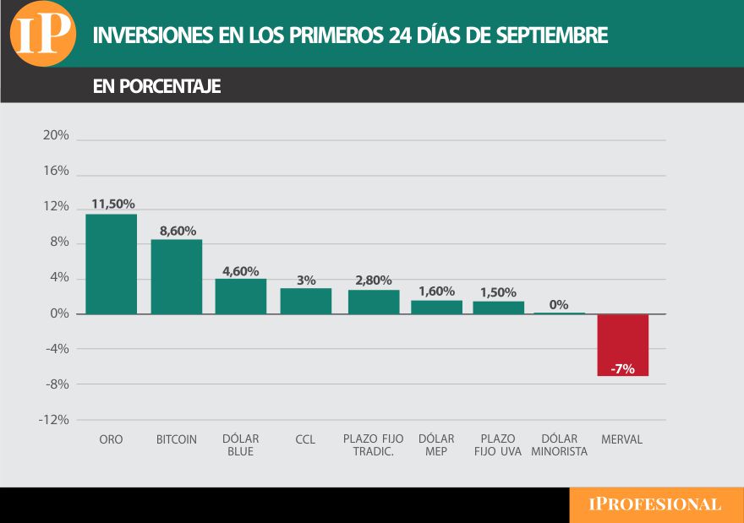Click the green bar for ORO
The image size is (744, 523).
pyautogui.click(x=111, y=264)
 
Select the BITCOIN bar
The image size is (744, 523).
pyautogui.click(x=177, y=276)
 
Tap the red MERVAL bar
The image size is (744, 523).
pyautogui.click(x=623, y=344)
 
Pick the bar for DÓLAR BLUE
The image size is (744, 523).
pyautogui.click(x=241, y=297)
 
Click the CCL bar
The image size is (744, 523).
pyautogui.click(x=306, y=301)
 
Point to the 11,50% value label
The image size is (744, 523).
pyautogui.click(x=113, y=204)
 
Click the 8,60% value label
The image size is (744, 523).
pyautogui.click(x=178, y=230)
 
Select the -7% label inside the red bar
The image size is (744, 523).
pyautogui.click(x=622, y=368)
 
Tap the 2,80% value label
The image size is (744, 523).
pyautogui.click(x=373, y=281)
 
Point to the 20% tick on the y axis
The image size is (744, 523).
pyautogui.click(x=56, y=136)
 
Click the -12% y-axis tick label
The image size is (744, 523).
pyautogui.click(x=53, y=420)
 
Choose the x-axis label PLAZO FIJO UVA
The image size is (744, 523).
pyautogui.click(x=498, y=445)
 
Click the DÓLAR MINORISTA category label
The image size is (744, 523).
pyautogui.click(x=559, y=445)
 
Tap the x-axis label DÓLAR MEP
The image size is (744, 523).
pyautogui.click(x=436, y=445)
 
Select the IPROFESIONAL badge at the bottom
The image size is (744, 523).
pyautogui.click(x=655, y=504)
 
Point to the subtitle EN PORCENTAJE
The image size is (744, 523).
pyautogui.click(x=156, y=86)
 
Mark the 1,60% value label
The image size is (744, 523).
pyautogui.click(x=437, y=291)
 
